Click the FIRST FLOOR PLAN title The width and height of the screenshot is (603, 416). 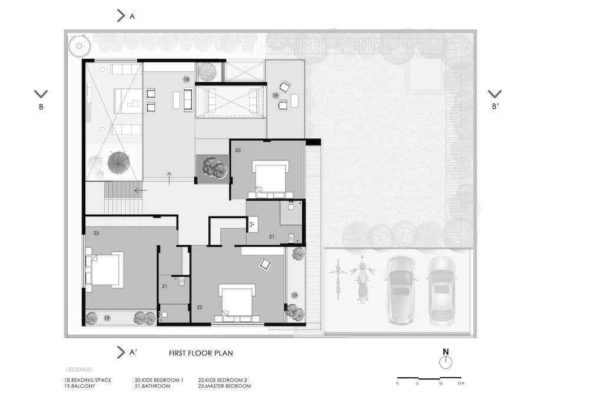201,353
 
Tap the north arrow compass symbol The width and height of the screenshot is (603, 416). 446,362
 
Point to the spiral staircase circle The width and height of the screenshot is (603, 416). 79,46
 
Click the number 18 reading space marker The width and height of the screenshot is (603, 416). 186,79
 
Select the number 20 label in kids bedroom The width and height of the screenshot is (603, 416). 238,150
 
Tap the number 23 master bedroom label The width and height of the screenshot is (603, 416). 96,233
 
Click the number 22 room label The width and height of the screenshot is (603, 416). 200,307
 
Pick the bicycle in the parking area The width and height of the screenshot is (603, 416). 338,279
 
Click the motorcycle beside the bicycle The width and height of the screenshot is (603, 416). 362,279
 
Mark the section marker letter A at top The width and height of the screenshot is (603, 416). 132,16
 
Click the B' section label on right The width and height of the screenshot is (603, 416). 495,107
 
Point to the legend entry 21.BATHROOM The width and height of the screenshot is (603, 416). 153,386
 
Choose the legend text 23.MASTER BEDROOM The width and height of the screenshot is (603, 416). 224,386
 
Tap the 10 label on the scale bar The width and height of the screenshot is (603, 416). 440,384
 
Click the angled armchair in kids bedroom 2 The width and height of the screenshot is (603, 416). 265,264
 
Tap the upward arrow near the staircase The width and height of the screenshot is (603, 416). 169,178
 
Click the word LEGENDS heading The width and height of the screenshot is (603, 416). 78,370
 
